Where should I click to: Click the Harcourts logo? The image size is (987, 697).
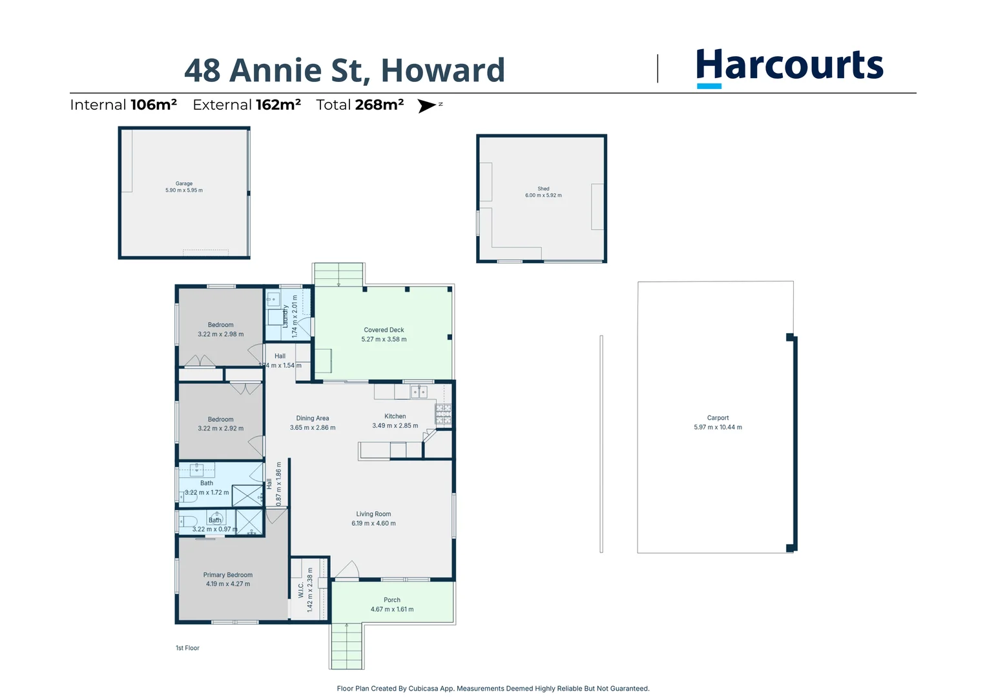coord(789,66)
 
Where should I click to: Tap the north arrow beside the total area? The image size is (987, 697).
coord(427,106)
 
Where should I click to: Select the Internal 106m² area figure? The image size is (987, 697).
coord(123,105)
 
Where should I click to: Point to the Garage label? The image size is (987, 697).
coord(184,183)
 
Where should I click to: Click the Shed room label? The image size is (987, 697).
coord(543,189)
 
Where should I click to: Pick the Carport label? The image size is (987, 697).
coord(718,418)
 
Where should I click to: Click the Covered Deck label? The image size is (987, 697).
coord(384,330)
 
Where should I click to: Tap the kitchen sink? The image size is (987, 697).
coord(419,391)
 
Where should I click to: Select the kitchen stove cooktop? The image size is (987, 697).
coord(443,414)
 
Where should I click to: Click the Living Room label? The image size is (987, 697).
coord(373,514)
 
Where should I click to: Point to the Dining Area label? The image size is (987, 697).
coord(313,418)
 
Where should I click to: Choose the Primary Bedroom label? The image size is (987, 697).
coord(228,575)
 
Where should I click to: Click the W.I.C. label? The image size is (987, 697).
coord(300,590)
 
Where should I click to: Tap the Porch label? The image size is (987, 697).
coord(392,600)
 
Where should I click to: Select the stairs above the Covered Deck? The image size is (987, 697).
coord(338,274)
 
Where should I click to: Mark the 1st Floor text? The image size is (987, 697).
coord(187,648)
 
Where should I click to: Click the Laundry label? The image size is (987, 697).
coord(285,316)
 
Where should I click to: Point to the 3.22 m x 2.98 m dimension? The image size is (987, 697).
coord(221,334)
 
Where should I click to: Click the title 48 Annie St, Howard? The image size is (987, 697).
coord(344,70)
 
